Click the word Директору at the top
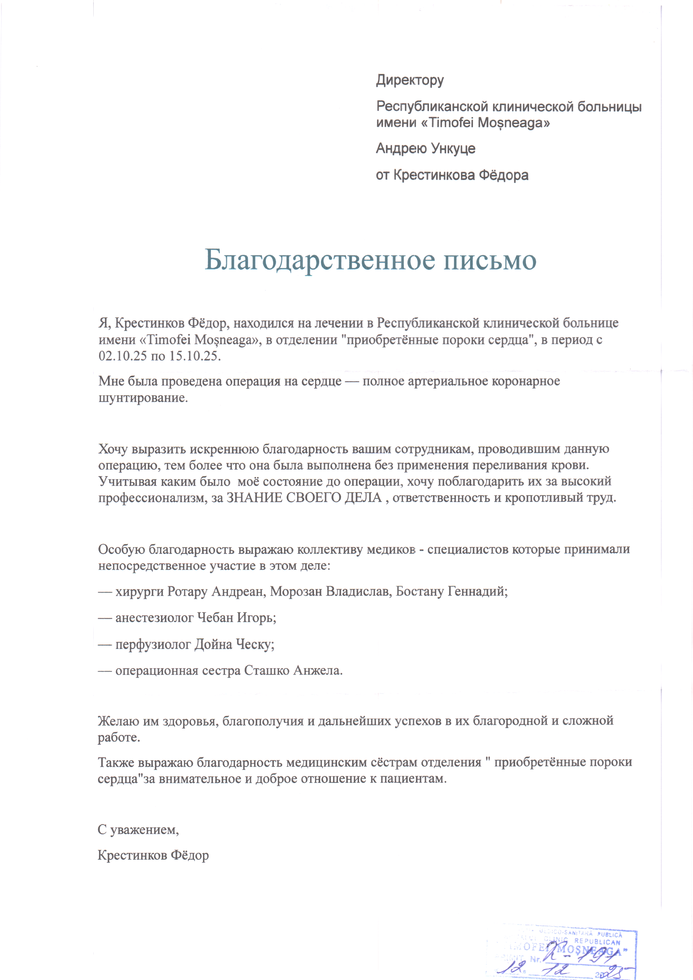(410, 80)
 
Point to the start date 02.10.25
(123, 356)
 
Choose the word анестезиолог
(154, 618)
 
